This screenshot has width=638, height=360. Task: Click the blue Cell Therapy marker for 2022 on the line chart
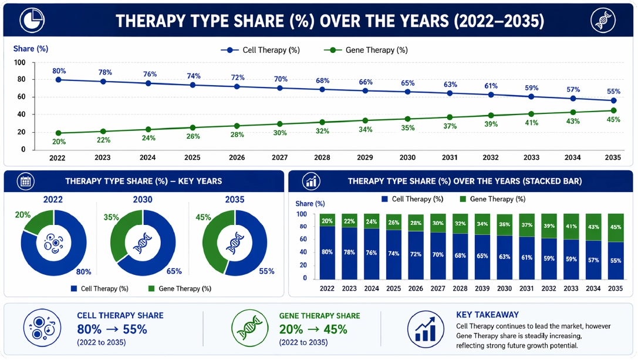pyautogui.click(x=59, y=80)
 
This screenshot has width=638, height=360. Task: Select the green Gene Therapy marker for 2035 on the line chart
pyautogui.click(x=613, y=110)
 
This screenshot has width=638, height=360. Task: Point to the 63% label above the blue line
pyautogui.click(x=450, y=85)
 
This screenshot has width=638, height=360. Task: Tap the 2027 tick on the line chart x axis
pyautogui.click(x=279, y=157)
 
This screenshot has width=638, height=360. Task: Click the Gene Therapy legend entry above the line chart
pyautogui.click(x=366, y=50)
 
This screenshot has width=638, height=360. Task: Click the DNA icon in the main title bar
pyautogui.click(x=603, y=21)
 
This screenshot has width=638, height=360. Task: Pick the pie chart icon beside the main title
pyautogui.click(x=32, y=21)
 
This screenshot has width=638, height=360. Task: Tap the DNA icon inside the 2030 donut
pyautogui.click(x=143, y=243)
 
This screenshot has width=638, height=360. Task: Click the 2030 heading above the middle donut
pyautogui.click(x=143, y=200)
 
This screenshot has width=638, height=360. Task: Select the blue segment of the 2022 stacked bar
pyautogui.click(x=327, y=253)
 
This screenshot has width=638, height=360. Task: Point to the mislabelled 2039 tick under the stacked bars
pyautogui.click(x=482, y=288)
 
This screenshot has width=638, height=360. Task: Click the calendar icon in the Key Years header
pyautogui.click(x=26, y=181)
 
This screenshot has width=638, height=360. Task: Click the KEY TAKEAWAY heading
pyautogui.click(x=488, y=315)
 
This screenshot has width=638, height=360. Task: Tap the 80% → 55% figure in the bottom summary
pyautogui.click(x=112, y=329)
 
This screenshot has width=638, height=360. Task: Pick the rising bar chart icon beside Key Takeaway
pyautogui.click(x=425, y=329)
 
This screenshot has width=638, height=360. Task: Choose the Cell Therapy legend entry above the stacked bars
pyautogui.click(x=412, y=199)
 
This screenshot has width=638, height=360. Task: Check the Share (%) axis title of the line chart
pyautogui.click(x=31, y=49)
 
